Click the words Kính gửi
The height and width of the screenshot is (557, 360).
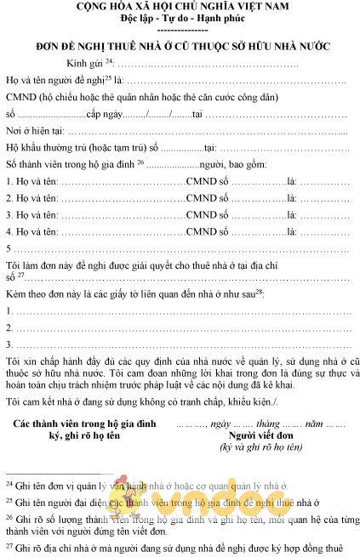pos(84,64)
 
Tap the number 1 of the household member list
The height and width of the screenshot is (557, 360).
pos(9,181)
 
